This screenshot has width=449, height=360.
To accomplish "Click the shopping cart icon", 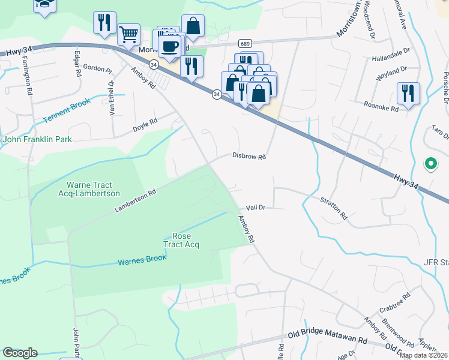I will pyautogui.click(x=129, y=35).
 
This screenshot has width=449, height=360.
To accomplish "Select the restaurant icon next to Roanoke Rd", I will pyautogui.click(x=408, y=94).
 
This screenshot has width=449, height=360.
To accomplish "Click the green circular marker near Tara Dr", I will pyautogui.click(x=430, y=163).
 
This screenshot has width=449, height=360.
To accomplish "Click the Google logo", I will pyautogui.click(x=20, y=353).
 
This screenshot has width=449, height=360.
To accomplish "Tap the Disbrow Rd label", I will pyautogui.click(x=249, y=156).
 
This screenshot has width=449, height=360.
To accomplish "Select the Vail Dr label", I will pyautogui.click(x=255, y=207).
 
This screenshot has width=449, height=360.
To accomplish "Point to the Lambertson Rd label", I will pyautogui.click(x=135, y=201).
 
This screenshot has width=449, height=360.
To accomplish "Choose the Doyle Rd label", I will pyautogui.click(x=145, y=125).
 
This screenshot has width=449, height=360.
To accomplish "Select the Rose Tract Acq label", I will pyautogui.click(x=181, y=241).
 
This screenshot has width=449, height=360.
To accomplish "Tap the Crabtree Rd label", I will pyautogui.click(x=394, y=304).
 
